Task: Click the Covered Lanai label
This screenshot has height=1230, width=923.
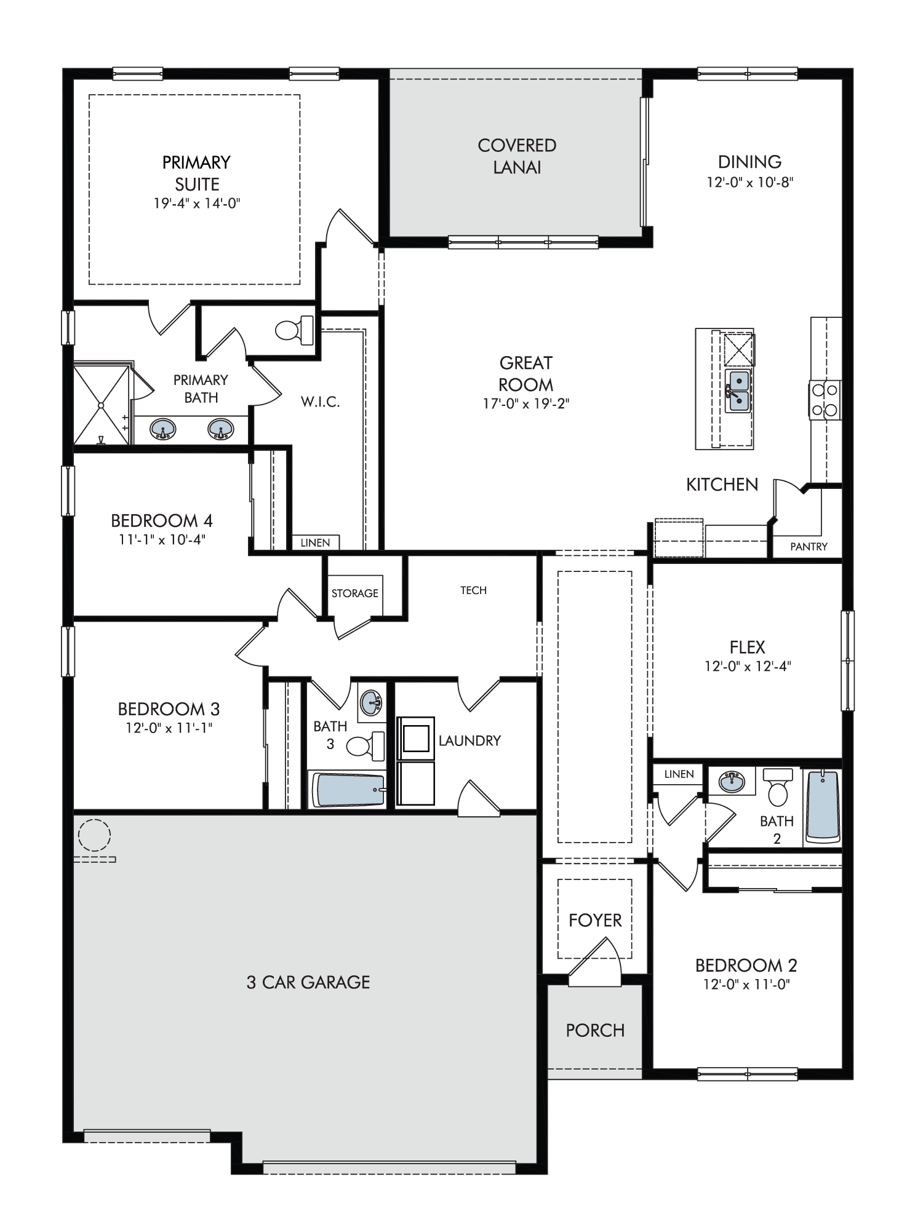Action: [517, 156]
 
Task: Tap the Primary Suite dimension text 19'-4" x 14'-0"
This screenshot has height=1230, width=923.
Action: [197, 204]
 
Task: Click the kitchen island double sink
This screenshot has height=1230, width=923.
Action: [738, 391]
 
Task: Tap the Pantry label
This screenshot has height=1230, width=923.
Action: [809, 546]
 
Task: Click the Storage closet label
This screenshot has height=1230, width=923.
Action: [354, 593]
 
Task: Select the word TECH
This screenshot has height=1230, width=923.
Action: [473, 590]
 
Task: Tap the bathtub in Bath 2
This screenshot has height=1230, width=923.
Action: [822, 806]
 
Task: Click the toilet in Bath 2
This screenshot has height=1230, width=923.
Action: [778, 787]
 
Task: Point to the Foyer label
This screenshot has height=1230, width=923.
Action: [595, 921]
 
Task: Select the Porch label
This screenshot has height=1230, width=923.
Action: [595, 1031]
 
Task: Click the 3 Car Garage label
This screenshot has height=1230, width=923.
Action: [308, 982]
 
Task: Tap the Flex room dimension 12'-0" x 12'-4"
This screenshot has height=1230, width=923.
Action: [748, 666]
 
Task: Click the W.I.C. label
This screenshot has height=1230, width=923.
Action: [320, 403]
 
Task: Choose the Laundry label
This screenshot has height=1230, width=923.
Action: [469, 741]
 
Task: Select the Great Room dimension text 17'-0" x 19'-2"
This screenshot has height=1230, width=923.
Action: [526, 404]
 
